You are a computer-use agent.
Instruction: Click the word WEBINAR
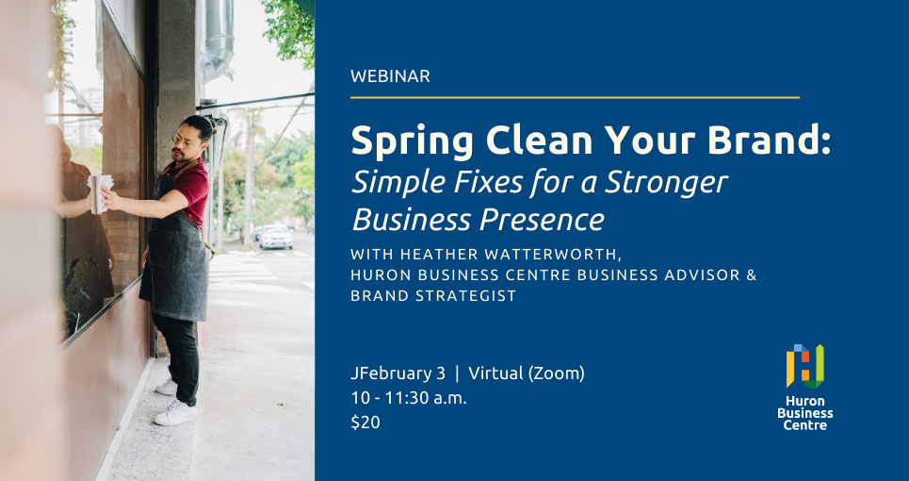point(390,76)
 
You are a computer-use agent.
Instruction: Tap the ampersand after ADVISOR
point(752,275)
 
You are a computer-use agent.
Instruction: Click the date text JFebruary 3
point(398,373)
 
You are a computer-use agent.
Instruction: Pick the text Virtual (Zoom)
point(527,373)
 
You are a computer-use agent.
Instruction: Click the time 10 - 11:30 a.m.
point(409,398)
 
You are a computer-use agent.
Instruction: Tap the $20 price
point(365,423)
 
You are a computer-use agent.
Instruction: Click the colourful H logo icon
point(804,366)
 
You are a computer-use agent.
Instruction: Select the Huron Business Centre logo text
point(804,413)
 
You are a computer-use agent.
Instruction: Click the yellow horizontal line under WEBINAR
point(575,97)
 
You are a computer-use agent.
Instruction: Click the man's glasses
point(183,141)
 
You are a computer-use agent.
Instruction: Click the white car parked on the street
point(276,237)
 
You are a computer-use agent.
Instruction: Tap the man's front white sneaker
point(175,414)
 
